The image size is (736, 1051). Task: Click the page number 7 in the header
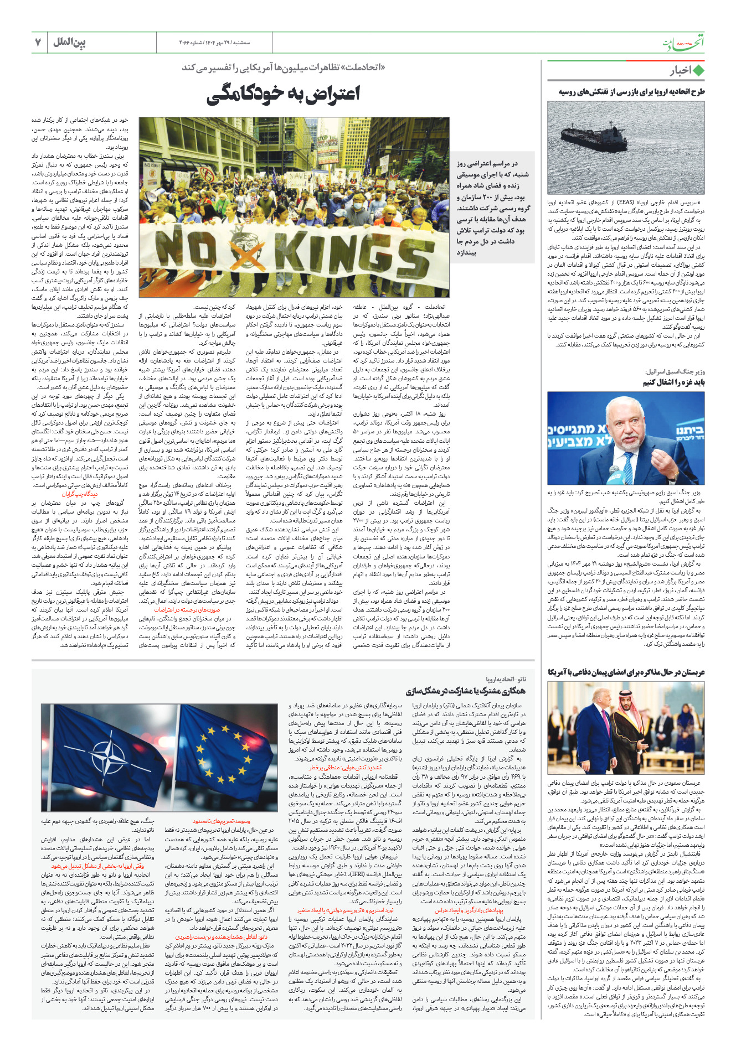pyautogui.click(x=38, y=43)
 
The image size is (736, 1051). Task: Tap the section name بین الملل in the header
pyautogui.click(x=69, y=43)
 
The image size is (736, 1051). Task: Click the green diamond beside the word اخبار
pyautogui.click(x=699, y=71)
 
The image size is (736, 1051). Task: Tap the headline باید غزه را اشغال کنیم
pyautogui.click(x=673, y=382)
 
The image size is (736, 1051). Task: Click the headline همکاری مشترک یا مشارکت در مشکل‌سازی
pyautogui.click(x=465, y=691)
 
